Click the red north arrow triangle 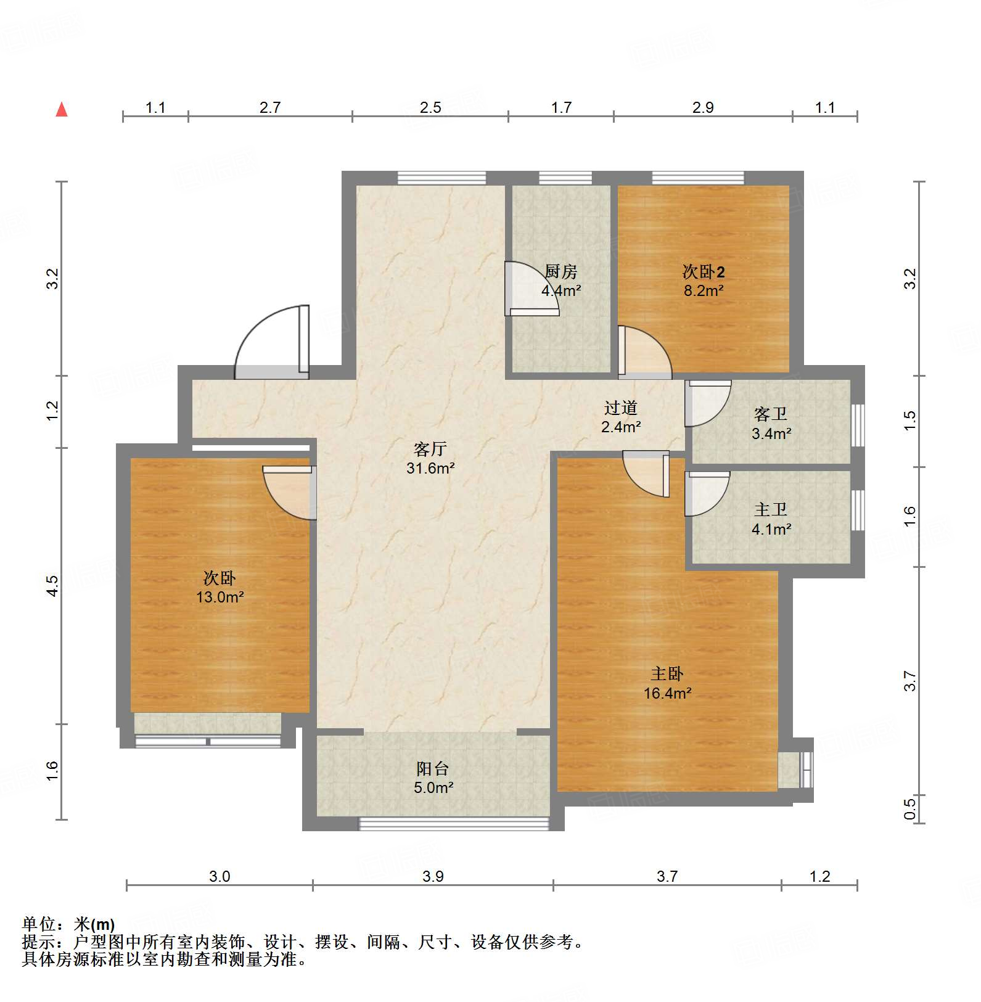point(62,110)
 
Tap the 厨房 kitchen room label point(560,272)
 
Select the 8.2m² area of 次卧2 point(703,290)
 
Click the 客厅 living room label point(430,449)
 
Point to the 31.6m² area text point(430,468)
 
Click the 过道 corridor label point(620,408)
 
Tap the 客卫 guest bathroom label point(771,414)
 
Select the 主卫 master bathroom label point(771,510)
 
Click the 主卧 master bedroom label point(667,674)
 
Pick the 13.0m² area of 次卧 point(220,597)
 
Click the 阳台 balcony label point(433,769)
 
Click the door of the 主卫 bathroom point(705,493)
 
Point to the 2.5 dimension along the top point(430,108)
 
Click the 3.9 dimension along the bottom point(433,876)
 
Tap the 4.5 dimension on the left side point(53,585)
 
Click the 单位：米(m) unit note point(68,924)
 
